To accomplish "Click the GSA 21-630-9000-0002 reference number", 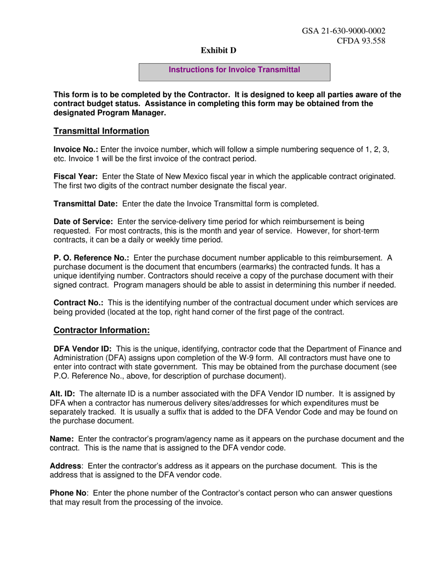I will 343,31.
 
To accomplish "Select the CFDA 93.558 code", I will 361,40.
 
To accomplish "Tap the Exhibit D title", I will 218,51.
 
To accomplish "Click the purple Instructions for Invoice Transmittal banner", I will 235,70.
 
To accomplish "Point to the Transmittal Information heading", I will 101,131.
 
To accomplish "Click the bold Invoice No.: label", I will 76,150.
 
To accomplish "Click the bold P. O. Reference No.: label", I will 92,258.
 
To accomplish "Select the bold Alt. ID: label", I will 62,394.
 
